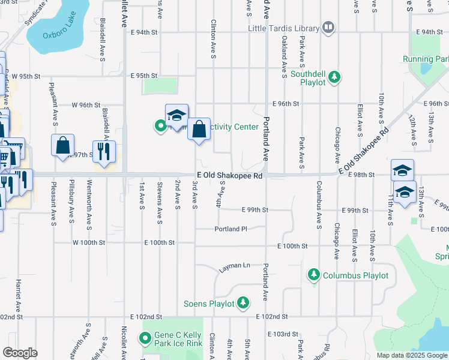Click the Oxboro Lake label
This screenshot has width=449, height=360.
[x=61, y=35]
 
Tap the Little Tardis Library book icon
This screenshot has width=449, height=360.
[x=328, y=27]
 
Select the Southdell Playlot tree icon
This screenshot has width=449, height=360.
[x=335, y=77]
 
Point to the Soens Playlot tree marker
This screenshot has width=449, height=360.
[x=243, y=302]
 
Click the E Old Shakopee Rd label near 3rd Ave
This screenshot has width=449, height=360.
[x=230, y=176]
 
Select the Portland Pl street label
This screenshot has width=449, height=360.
[x=231, y=229]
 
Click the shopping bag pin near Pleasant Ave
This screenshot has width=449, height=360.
[x=63, y=146]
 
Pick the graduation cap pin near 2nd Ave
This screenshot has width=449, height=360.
[x=176, y=115]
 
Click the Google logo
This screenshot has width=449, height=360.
[x=20, y=353]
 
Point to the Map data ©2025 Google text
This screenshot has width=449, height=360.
[x=412, y=355]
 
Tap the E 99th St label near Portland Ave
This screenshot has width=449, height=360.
[x=255, y=211]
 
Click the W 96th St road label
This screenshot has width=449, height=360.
[x=85, y=104]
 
